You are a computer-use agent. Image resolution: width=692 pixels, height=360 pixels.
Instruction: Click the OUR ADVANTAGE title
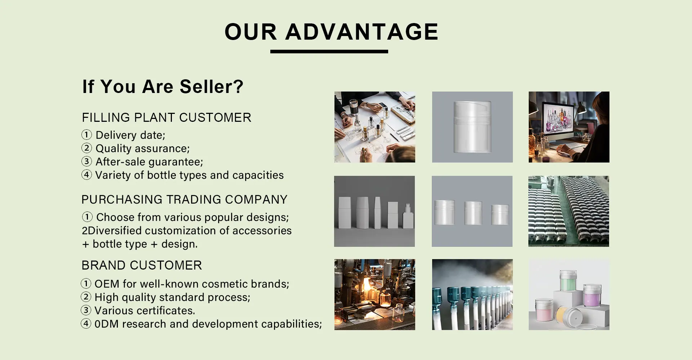click(x=331, y=32)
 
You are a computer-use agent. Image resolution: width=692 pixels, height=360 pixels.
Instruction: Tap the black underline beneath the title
click(x=329, y=52)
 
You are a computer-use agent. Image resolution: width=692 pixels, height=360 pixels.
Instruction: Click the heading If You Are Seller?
click(x=163, y=86)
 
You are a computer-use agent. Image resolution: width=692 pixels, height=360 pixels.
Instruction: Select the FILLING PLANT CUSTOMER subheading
click(x=167, y=117)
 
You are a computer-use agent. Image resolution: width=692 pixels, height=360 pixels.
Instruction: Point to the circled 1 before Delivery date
click(x=86, y=135)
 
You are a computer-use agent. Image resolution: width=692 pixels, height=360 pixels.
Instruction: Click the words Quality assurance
click(x=142, y=148)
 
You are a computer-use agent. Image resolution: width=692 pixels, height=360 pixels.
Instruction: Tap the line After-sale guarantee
click(x=148, y=162)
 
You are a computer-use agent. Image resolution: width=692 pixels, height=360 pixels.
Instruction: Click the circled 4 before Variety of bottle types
click(x=86, y=175)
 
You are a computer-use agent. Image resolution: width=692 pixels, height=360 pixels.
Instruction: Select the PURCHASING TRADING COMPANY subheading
click(x=185, y=199)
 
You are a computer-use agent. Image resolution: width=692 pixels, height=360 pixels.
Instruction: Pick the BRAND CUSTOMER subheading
click(x=142, y=265)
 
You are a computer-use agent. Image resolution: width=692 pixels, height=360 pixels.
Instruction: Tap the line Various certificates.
click(x=145, y=311)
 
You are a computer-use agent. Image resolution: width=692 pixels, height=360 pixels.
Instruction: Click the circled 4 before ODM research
click(x=86, y=324)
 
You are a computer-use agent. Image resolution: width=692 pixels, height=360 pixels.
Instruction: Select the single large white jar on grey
click(x=472, y=126)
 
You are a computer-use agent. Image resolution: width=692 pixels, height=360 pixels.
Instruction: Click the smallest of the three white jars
click(x=500, y=214)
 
